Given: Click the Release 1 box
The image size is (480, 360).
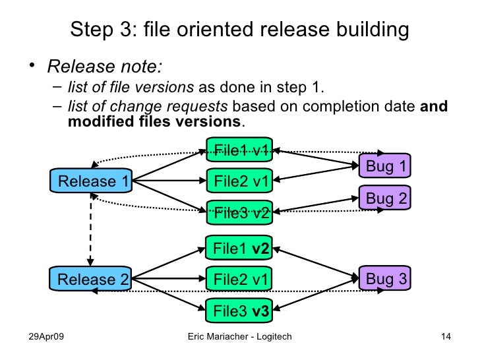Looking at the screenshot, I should click(92, 181).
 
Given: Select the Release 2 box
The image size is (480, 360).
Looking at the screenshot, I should click(92, 279).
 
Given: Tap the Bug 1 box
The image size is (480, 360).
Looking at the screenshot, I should click(385, 166).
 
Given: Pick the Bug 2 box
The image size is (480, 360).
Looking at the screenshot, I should click(385, 197).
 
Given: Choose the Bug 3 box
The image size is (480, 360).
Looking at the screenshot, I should click(385, 279).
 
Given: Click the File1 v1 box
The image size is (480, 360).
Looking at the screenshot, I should click(239, 150).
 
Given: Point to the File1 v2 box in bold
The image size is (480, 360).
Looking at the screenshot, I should click(239, 248).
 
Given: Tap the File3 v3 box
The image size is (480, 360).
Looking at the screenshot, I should click(239, 310).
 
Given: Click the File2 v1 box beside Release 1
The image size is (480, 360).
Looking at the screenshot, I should click(239, 180).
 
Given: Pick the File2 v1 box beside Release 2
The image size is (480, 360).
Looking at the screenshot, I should click(239, 279).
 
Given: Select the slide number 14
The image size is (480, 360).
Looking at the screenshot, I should click(445, 338).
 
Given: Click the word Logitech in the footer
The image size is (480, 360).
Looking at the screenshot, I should click(270, 338).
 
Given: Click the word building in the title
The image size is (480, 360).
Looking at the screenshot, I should click(369, 30).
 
